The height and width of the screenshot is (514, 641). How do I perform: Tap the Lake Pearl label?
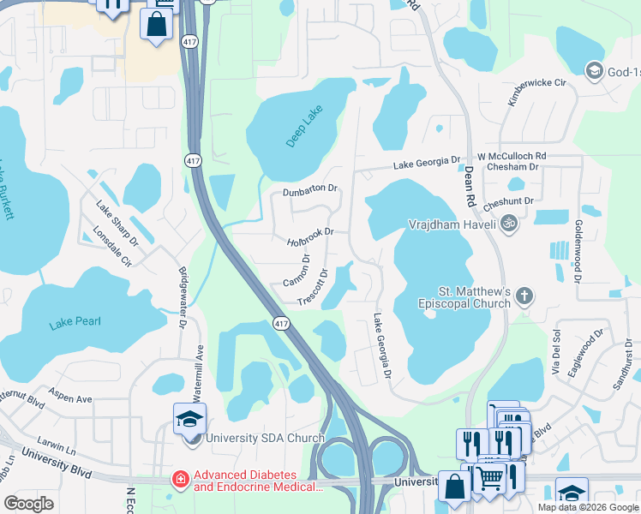tap(75, 322)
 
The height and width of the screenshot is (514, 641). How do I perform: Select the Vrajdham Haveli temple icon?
tap(509, 223)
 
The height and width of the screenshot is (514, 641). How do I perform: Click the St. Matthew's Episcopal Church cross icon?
tap(524, 297)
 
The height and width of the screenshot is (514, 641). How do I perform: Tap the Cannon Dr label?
tap(296, 271)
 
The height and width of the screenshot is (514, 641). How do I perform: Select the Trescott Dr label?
tap(313, 286)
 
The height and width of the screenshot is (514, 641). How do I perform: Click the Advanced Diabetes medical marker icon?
tap(180, 479)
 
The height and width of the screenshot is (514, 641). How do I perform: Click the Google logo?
tap(28, 503)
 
